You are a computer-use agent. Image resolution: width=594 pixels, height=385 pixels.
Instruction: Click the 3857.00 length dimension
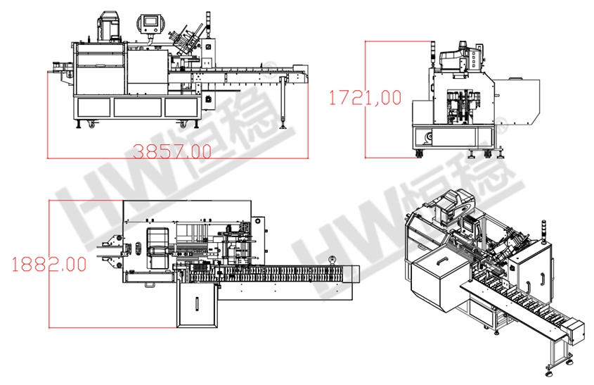173,152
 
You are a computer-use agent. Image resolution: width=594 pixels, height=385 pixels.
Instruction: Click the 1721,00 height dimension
365,98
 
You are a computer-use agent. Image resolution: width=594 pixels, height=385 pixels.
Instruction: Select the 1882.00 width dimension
49,264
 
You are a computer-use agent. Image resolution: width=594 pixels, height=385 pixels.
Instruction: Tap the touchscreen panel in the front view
150,23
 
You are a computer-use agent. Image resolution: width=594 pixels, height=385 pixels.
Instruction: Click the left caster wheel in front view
92,124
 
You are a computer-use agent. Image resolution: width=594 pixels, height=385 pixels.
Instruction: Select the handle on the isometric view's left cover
442,262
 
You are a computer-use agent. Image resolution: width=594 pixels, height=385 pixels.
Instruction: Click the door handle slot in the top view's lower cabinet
197,304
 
